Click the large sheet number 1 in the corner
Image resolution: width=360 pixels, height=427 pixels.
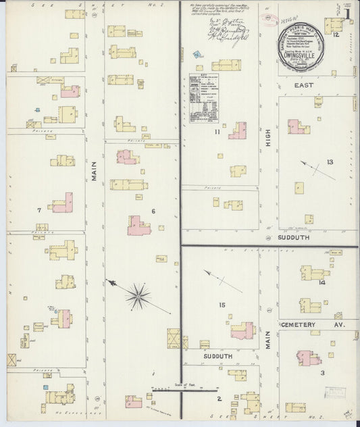(x=346, y=14)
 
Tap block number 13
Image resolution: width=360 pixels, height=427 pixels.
(x=330, y=162)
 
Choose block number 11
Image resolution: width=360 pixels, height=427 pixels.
(x=217, y=132)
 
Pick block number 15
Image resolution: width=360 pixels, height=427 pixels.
(x=222, y=305)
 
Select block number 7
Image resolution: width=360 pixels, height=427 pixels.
(x=40, y=211)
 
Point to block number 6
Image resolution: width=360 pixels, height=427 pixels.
(x=153, y=211)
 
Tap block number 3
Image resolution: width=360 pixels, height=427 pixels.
(x=322, y=372)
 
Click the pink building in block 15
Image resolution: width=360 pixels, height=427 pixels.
(x=241, y=330)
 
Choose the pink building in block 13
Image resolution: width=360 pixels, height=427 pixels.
(x=297, y=126)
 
